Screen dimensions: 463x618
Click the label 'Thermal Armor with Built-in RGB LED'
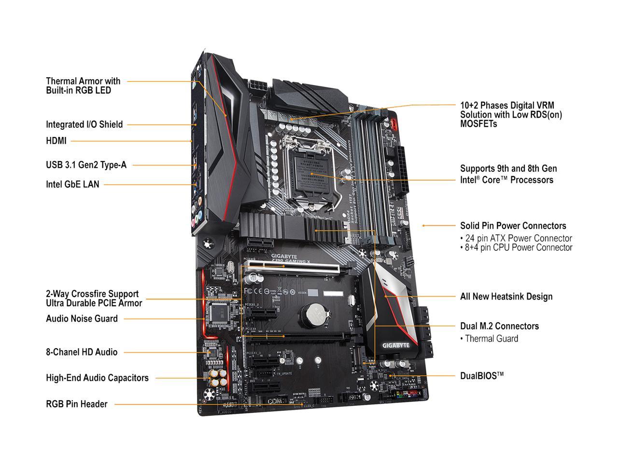[x=83, y=85]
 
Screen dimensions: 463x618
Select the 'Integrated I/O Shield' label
[x=84, y=124]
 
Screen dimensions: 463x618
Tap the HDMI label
[x=56, y=141]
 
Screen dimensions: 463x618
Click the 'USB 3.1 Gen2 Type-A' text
[x=86, y=165]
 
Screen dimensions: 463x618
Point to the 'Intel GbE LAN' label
[x=72, y=184]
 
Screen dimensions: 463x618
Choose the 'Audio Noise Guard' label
[x=82, y=319]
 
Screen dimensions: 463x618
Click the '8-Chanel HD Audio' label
[x=82, y=352]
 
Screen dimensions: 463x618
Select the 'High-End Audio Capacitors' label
[x=97, y=378]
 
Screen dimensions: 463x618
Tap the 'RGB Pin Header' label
[x=76, y=404]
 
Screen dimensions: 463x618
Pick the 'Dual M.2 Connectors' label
[x=499, y=326]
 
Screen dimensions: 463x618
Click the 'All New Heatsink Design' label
[x=506, y=297]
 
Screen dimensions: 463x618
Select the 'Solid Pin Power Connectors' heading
[x=513, y=226]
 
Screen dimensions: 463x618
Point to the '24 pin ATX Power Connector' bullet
[x=518, y=238]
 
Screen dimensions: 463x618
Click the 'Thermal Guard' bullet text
[x=491, y=339]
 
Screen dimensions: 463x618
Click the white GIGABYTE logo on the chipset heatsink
[x=396, y=345]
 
